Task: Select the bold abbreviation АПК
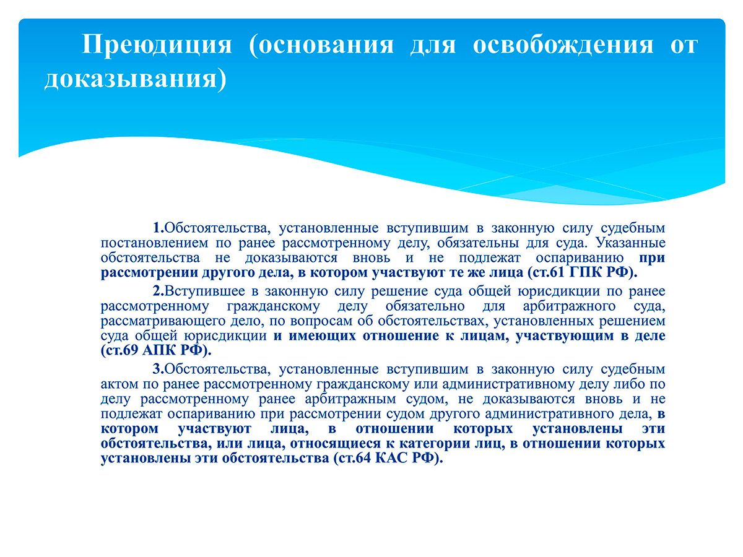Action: click(159, 350)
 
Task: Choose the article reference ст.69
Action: click(122, 350)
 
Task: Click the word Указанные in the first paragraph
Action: click(630, 243)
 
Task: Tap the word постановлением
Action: click(154, 243)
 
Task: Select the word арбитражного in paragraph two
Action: click(569, 306)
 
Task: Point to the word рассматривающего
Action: click(163, 321)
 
